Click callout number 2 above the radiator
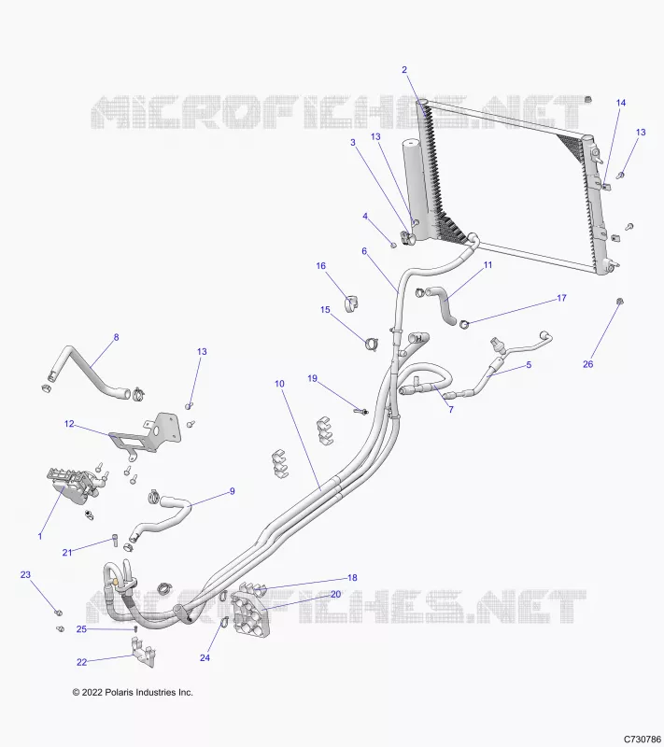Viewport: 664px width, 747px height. pos(404,69)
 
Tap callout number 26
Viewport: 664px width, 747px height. pos(587,364)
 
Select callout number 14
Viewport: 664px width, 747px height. pos(621,103)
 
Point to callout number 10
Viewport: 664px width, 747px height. pos(279,384)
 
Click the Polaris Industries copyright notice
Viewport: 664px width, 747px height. pos(133,692)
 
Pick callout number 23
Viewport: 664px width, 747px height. pos(25,574)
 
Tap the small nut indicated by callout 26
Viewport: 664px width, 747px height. pos(620,301)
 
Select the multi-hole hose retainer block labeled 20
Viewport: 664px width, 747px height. pos(249,614)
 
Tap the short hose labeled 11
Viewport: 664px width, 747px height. pos(442,305)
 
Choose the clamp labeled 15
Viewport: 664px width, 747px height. pos(371,344)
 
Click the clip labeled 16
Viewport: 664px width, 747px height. pos(351,303)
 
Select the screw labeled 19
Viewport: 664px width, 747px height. pos(360,410)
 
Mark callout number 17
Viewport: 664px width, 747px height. pos(561,298)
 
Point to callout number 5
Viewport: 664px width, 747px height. pos(529,365)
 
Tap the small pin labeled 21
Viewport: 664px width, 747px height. pos(115,539)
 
